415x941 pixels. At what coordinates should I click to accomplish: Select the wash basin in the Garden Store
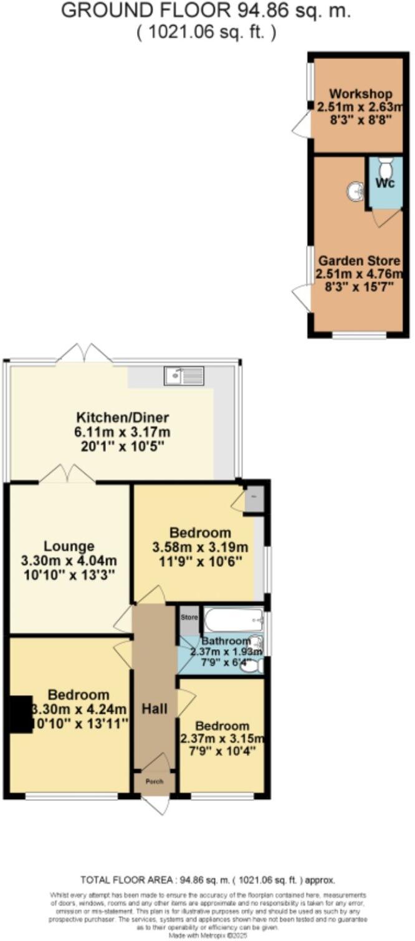[x=356, y=191]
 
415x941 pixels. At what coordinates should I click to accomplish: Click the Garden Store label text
[x=358, y=260]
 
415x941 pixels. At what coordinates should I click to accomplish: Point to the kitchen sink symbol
[x=184, y=376]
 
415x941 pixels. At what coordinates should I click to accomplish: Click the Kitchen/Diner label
[x=123, y=418]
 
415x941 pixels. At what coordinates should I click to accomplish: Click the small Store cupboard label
[x=189, y=618]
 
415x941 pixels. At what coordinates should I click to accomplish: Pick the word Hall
[x=155, y=708]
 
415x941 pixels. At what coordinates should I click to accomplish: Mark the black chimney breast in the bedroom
[x=21, y=714]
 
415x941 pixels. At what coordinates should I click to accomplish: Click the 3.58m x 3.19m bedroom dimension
[x=201, y=548]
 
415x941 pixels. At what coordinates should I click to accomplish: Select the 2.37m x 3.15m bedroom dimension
[x=222, y=739]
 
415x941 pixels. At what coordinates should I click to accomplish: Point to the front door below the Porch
[x=156, y=804]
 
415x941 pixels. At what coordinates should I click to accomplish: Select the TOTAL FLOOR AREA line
[x=207, y=880]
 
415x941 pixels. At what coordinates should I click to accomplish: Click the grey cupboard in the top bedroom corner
[x=254, y=500]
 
